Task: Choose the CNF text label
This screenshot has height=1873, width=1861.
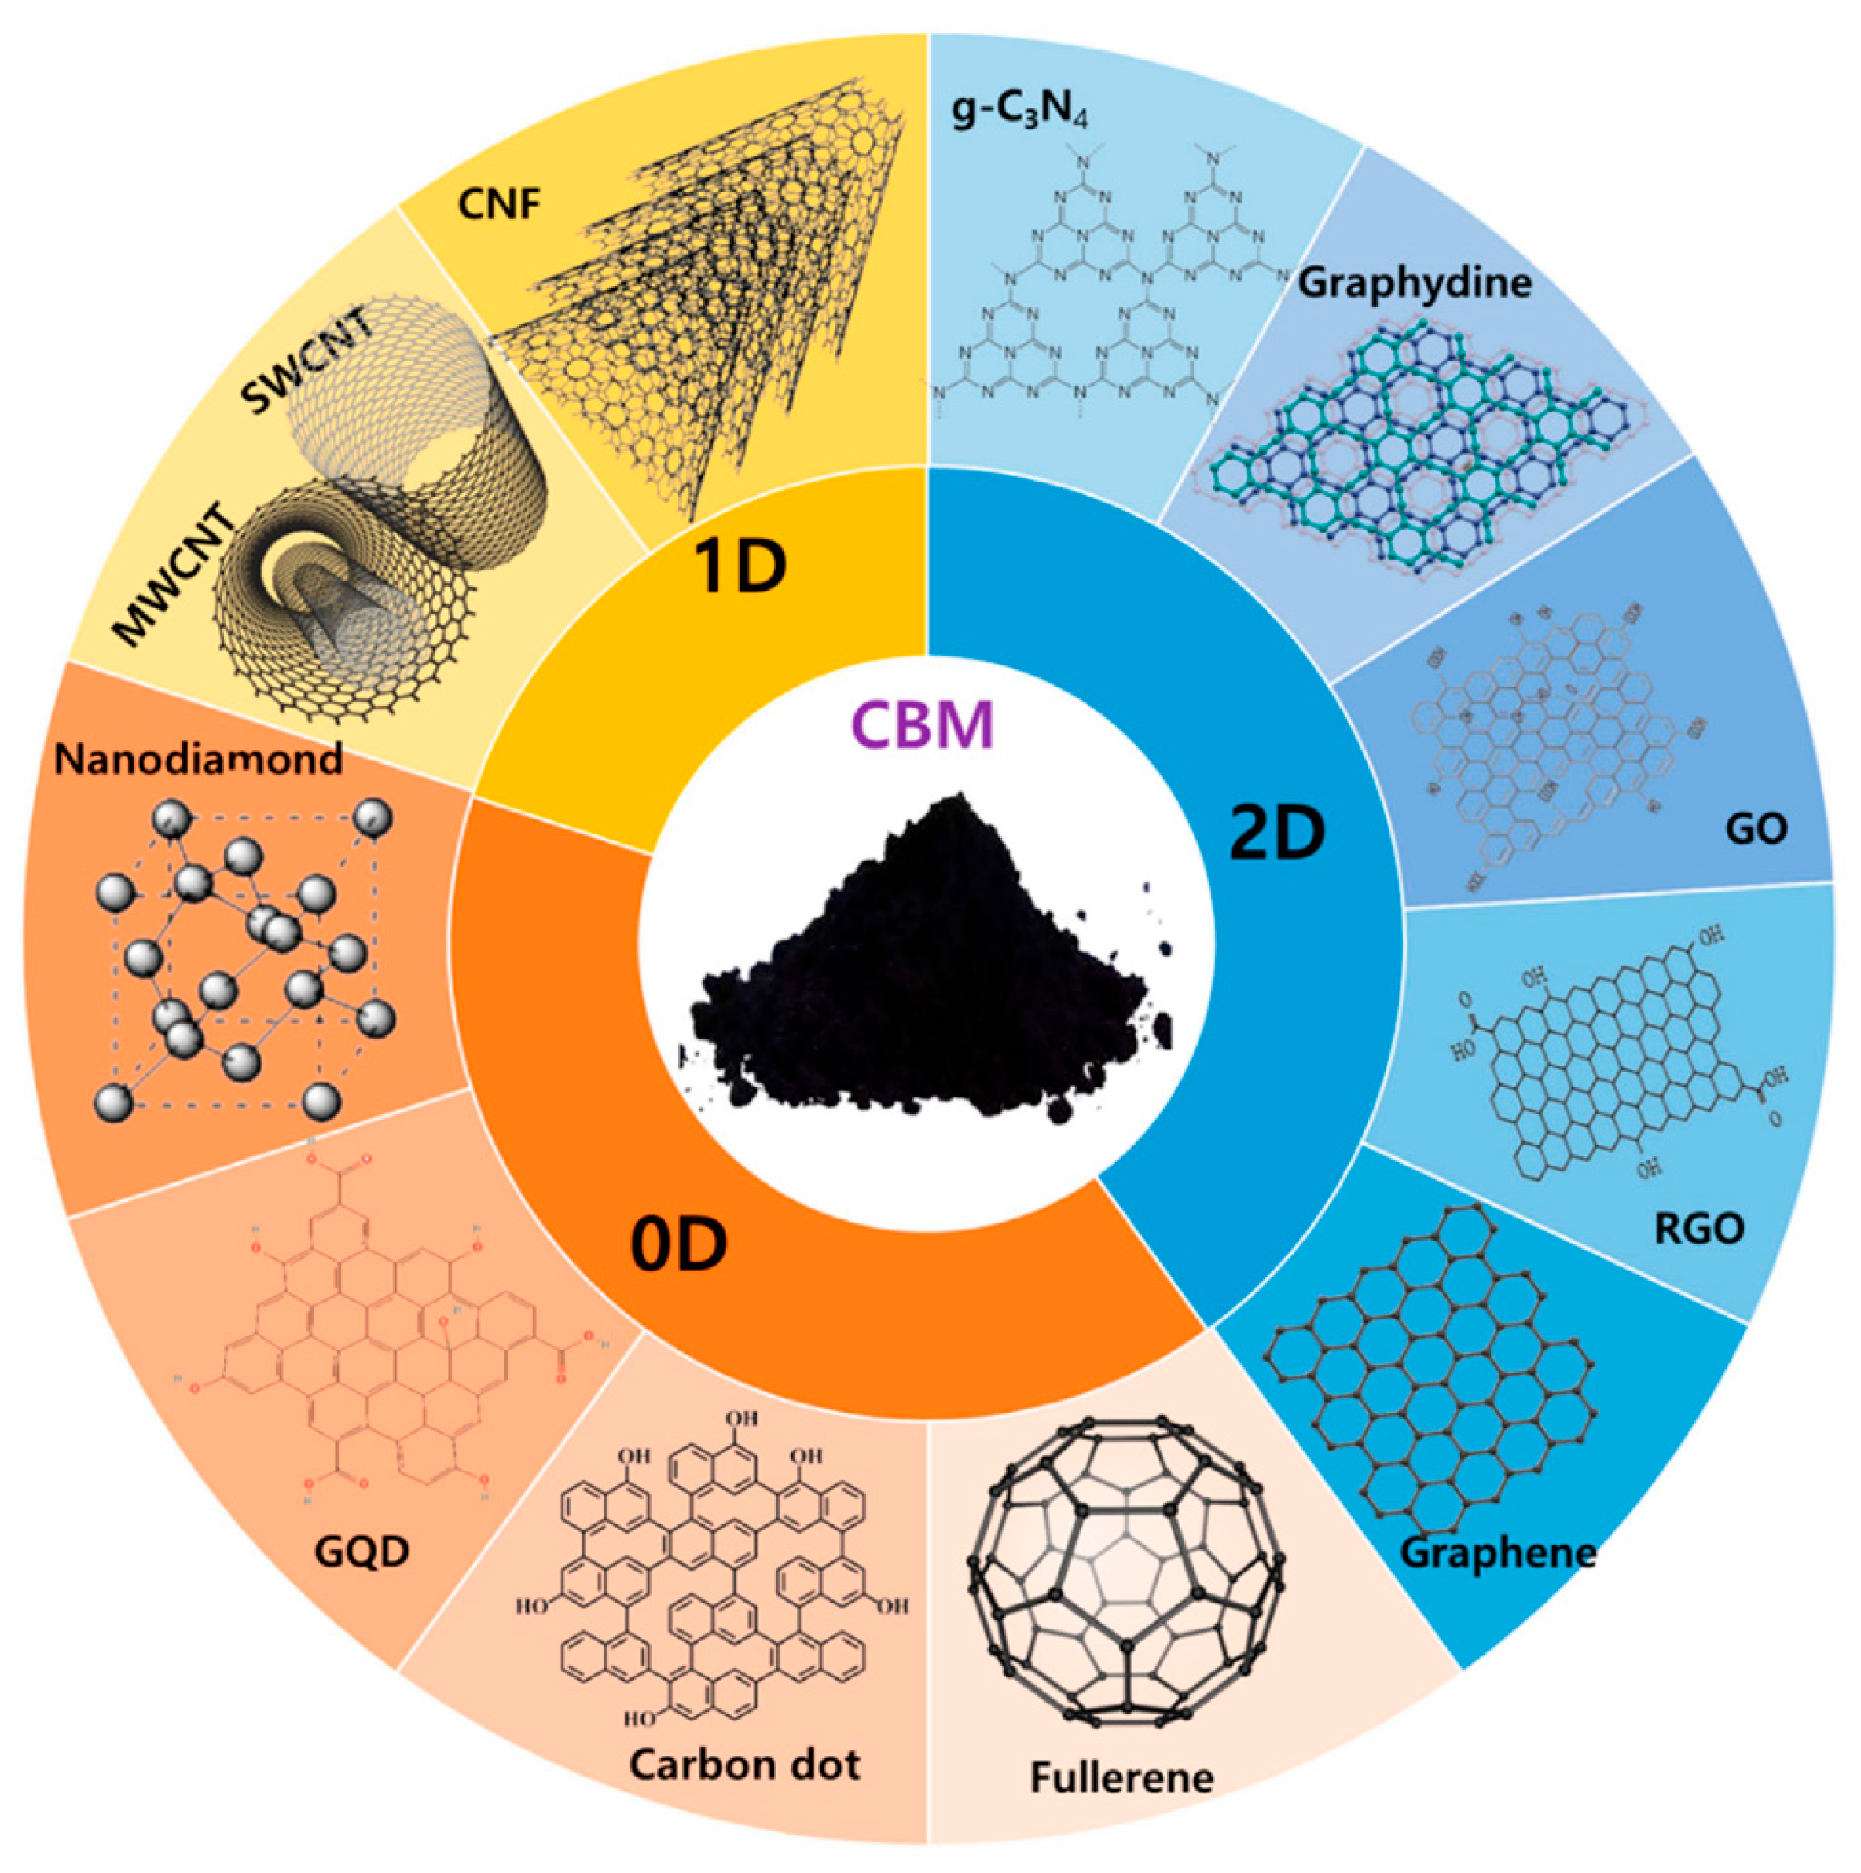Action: pyautogui.click(x=498, y=204)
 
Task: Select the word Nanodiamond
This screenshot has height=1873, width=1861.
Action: pyautogui.click(x=198, y=759)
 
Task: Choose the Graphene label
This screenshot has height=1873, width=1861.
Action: pyautogui.click(x=1496, y=1553)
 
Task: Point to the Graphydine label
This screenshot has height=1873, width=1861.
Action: pyautogui.click(x=1415, y=282)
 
